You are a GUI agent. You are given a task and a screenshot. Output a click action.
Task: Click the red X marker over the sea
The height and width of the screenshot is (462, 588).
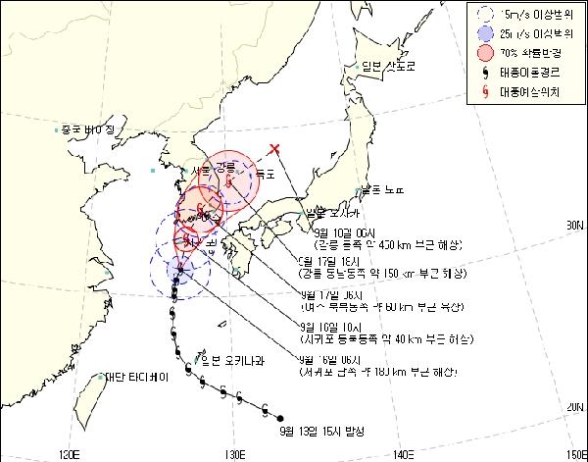[274, 149]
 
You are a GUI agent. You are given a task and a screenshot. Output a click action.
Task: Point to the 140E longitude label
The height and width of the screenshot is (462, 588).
[403, 454]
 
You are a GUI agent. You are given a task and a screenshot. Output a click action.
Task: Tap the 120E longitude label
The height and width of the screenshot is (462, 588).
[70, 454]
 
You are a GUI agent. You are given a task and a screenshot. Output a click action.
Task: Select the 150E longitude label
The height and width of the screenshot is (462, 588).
[571, 454]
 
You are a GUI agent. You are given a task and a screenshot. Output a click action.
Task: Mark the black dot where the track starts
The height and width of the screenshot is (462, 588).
[281, 416]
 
